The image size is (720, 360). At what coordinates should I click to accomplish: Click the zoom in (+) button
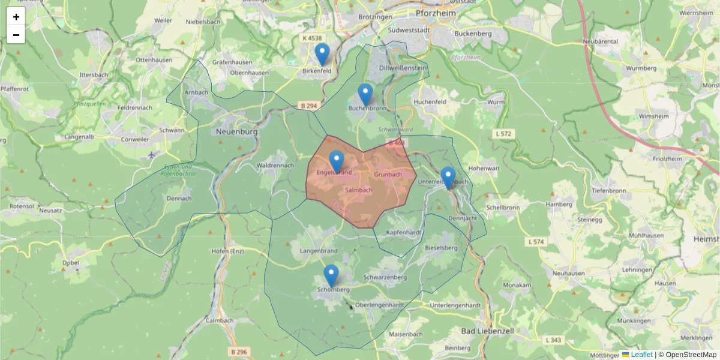click(16, 17)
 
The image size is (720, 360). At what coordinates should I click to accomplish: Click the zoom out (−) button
click(16, 35)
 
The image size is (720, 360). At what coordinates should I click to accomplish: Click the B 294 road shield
click(308, 106)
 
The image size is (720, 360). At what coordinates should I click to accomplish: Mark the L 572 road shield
click(504, 133)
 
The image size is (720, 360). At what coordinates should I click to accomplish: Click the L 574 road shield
click(536, 242)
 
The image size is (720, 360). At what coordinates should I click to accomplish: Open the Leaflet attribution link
click(641, 355)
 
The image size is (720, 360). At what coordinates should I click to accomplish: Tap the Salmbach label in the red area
click(359, 190)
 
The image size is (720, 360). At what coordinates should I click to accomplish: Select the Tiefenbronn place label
click(608, 190)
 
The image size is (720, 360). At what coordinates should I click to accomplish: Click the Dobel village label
click(71, 262)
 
